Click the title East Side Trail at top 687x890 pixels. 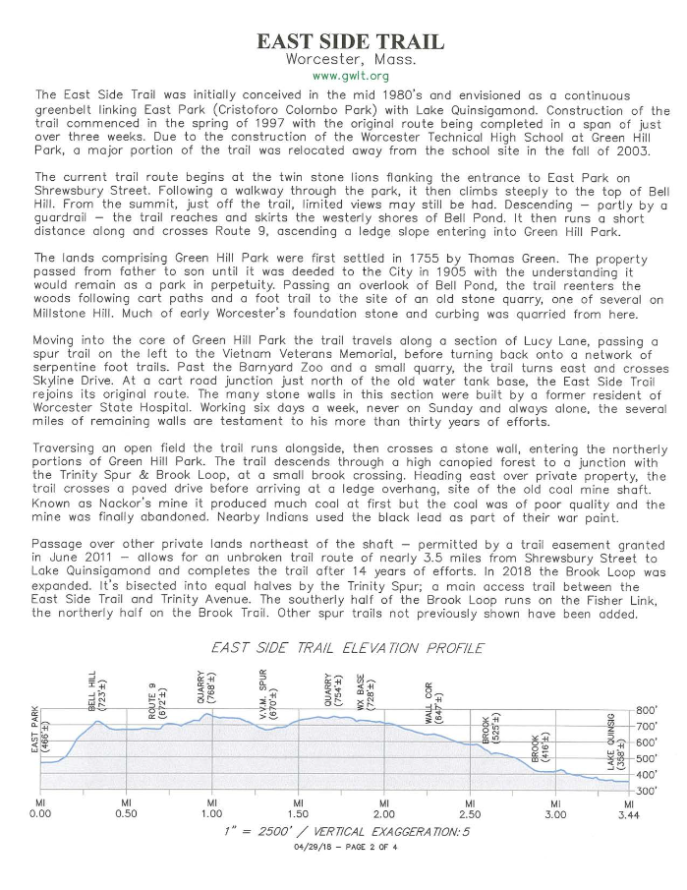[350, 40]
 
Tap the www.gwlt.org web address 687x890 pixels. [350, 76]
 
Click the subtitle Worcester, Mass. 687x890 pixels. [350, 59]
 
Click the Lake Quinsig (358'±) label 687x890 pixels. [613, 753]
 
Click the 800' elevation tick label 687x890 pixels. [649, 709]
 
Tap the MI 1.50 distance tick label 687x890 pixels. [297, 807]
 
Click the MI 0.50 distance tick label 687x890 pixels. [125, 807]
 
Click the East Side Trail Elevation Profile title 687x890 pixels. [348, 648]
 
